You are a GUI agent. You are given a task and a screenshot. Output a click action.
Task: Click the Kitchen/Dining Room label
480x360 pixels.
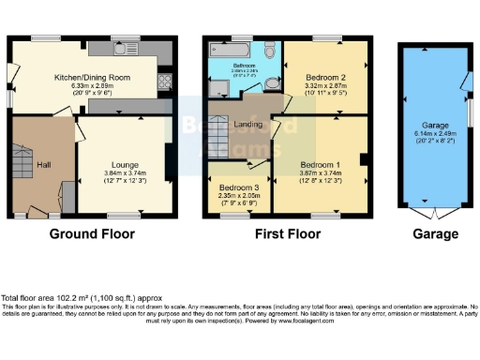pos(92,77)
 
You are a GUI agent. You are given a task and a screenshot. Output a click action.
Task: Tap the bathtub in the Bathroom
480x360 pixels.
pos(232,47)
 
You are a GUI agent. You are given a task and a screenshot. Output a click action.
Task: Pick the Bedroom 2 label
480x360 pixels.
pos(326,77)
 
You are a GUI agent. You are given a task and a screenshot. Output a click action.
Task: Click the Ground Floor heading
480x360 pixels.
pos(92,233)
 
